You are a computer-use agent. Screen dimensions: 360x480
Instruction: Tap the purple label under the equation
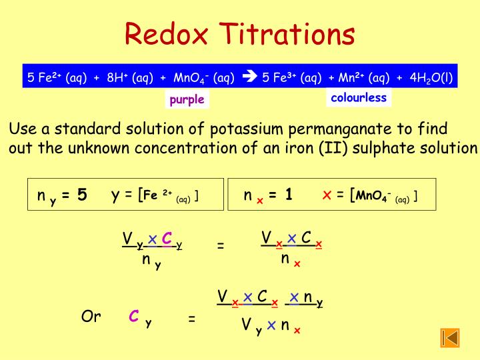click(x=187, y=100)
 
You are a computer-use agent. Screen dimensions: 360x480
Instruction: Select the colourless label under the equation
click(x=359, y=98)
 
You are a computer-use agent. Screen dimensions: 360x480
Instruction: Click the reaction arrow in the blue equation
click(x=249, y=77)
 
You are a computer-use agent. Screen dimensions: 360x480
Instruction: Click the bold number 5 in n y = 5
click(x=82, y=195)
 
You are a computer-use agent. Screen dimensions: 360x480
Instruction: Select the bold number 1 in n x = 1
click(x=289, y=195)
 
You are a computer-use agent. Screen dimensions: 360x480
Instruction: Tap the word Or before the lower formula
click(x=91, y=317)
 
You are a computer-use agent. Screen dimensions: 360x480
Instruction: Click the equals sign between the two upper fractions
click(x=221, y=246)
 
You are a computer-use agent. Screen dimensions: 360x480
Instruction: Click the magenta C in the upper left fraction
click(x=167, y=239)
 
